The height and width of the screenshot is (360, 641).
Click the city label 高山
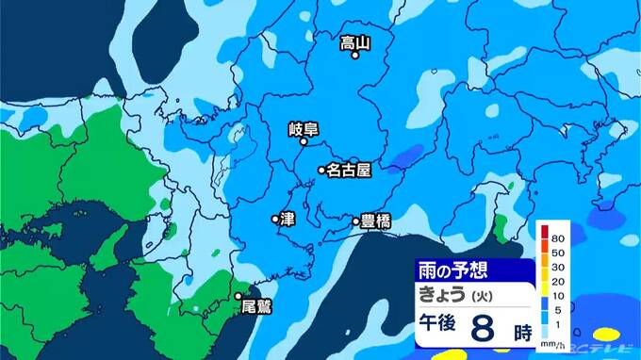354,41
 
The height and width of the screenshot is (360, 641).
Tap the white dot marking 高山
355,56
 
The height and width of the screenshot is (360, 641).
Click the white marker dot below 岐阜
304,144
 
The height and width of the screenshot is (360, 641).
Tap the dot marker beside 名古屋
321,171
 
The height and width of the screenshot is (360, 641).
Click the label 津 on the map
288,219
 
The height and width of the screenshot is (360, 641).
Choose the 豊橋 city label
376,222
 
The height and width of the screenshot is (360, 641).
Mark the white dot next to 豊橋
356,223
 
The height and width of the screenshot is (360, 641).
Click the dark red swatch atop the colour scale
543,229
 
